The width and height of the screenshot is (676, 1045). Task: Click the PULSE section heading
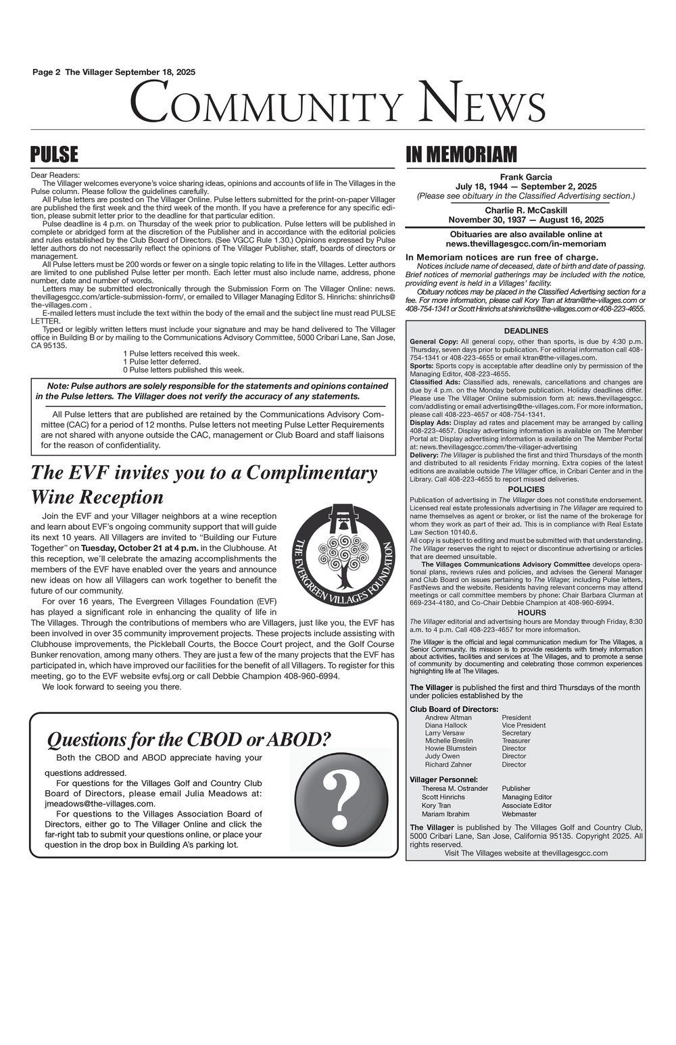55,155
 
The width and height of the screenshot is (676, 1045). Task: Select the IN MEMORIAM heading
460,155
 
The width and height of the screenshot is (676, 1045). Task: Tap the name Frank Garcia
525,177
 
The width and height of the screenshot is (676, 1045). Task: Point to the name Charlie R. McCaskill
525,210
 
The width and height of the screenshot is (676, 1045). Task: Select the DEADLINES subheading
525,331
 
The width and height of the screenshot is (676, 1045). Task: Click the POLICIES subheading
525,489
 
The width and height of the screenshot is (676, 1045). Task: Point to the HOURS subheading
525,612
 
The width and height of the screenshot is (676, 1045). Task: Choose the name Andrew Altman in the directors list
448,717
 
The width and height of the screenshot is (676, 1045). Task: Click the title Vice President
523,725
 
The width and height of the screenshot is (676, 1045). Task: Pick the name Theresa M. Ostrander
454,788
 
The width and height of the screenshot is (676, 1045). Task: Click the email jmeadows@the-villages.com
99,804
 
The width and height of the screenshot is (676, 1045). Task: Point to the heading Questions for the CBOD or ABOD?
189,740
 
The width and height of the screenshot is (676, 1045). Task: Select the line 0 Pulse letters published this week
183,370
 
